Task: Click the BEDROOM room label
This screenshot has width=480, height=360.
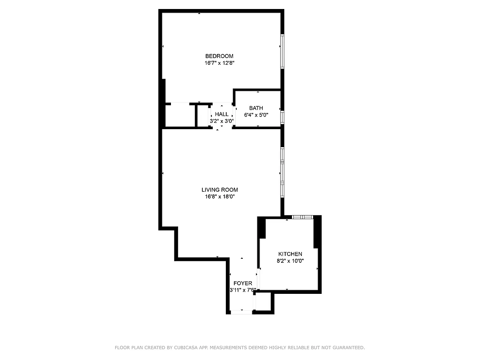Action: (x=220, y=56)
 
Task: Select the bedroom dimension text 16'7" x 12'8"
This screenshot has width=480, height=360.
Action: (x=220, y=63)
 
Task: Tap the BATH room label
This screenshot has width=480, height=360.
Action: (x=256, y=108)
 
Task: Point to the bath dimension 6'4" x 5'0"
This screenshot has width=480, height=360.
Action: (x=256, y=115)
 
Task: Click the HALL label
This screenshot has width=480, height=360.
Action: (x=221, y=114)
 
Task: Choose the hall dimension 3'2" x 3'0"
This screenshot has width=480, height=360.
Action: (x=221, y=121)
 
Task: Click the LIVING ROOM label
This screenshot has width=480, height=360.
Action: (x=220, y=190)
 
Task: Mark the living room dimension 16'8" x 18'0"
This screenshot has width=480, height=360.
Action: (x=220, y=197)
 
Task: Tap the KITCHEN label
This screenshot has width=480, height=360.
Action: (x=290, y=254)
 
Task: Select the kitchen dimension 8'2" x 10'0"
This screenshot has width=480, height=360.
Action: (x=290, y=261)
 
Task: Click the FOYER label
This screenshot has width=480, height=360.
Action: (x=242, y=283)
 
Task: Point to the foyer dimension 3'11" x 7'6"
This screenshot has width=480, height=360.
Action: (x=242, y=290)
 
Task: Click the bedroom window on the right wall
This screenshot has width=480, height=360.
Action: (x=282, y=50)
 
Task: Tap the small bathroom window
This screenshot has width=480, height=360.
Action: (x=282, y=117)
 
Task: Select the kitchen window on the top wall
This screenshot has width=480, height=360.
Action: (x=302, y=217)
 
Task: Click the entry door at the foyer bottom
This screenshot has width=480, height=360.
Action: (x=241, y=312)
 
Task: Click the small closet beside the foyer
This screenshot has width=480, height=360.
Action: (x=263, y=301)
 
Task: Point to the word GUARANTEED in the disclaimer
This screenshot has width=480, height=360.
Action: (x=347, y=347)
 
